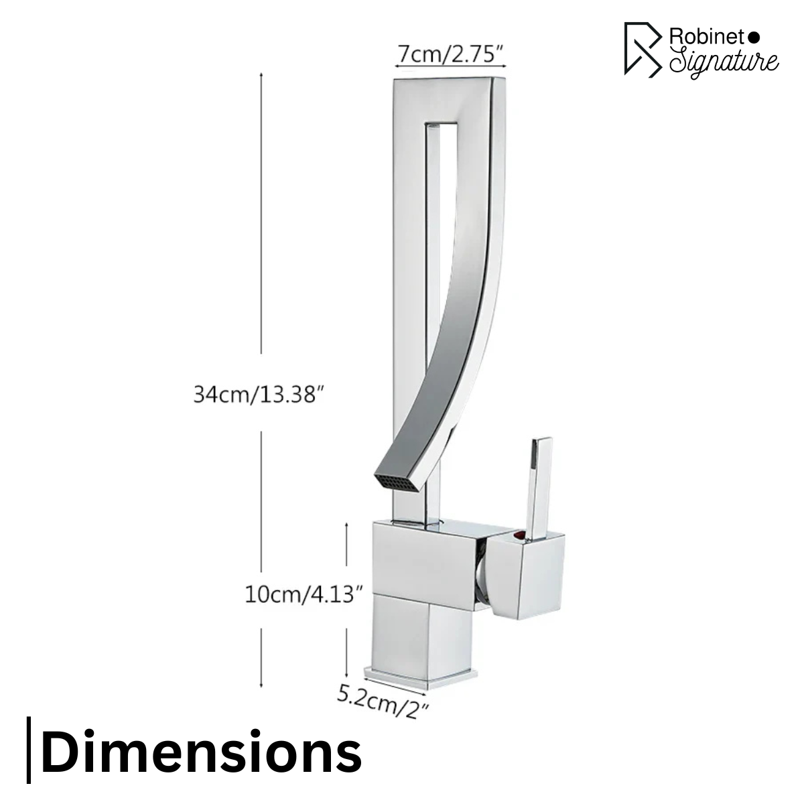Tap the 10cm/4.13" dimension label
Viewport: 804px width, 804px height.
click(x=304, y=593)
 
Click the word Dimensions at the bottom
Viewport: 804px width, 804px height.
click(x=201, y=752)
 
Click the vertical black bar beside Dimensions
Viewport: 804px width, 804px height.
click(x=29, y=750)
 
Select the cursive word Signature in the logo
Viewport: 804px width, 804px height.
click(x=724, y=62)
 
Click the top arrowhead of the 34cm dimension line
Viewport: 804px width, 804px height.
click(x=261, y=75)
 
